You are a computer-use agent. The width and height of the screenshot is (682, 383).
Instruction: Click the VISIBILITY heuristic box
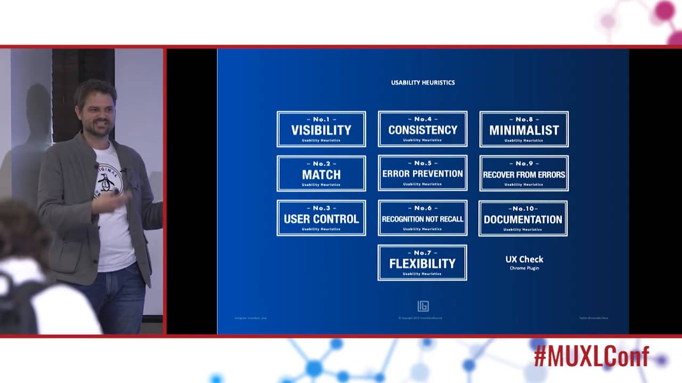[321, 129]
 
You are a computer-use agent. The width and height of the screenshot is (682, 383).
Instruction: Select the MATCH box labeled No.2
[321, 173]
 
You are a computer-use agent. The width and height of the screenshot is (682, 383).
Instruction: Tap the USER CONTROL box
[321, 218]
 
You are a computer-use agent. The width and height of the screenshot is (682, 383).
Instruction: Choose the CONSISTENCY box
[423, 129]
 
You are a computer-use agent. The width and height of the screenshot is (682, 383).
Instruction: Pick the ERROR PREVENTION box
[423, 173]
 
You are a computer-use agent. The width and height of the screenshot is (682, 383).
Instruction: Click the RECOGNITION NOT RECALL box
[423, 218]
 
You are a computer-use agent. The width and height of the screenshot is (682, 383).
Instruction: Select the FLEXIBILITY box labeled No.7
[422, 263]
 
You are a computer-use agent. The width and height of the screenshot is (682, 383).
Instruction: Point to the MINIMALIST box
[524, 129]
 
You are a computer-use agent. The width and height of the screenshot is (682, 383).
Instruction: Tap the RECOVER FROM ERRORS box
[524, 173]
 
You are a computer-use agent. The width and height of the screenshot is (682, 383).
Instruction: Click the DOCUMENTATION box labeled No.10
[523, 218]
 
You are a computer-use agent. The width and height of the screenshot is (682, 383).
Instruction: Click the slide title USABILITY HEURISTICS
[423, 82]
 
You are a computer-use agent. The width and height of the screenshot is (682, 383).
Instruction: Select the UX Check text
[524, 259]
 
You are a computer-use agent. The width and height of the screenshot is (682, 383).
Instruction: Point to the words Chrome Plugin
[524, 268]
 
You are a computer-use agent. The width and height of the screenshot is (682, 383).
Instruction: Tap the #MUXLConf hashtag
[591, 356]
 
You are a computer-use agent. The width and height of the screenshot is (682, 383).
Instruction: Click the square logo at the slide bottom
[423, 306]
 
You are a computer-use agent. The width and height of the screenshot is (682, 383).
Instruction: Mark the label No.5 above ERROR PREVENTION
[423, 163]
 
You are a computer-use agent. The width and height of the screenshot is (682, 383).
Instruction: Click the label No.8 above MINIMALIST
[524, 119]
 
